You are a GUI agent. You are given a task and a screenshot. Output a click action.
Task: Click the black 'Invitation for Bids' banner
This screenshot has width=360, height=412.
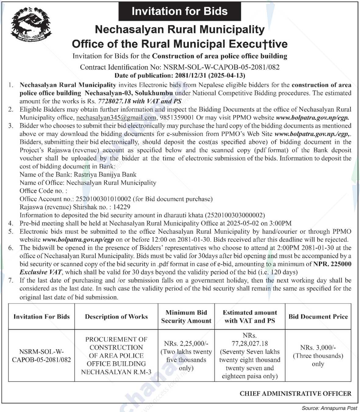[x=180, y=11]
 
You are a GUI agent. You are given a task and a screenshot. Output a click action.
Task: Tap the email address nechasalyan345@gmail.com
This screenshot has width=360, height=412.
[x=116, y=117]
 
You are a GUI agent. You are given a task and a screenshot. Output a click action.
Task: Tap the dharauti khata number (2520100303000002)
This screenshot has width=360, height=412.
[x=235, y=215]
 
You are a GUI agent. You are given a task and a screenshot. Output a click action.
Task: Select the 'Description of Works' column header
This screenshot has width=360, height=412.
[x=116, y=317]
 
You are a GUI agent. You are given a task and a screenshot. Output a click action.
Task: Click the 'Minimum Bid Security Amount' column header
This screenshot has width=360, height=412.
[x=186, y=317]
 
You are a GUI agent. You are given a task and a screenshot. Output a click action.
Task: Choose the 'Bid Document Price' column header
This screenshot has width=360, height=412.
[x=318, y=317]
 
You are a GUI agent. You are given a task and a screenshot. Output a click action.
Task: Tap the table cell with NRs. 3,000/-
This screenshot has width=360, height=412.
[x=318, y=356]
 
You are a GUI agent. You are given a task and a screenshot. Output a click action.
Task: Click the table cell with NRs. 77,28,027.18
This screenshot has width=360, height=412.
[x=250, y=356]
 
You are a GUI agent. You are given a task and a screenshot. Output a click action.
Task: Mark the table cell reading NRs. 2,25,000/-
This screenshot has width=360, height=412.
[x=186, y=356]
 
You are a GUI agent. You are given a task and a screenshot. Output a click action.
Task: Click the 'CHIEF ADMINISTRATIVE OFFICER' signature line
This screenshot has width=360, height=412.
[x=295, y=394]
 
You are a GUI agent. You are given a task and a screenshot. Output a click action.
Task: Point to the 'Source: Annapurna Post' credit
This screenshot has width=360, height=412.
[x=329, y=408]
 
